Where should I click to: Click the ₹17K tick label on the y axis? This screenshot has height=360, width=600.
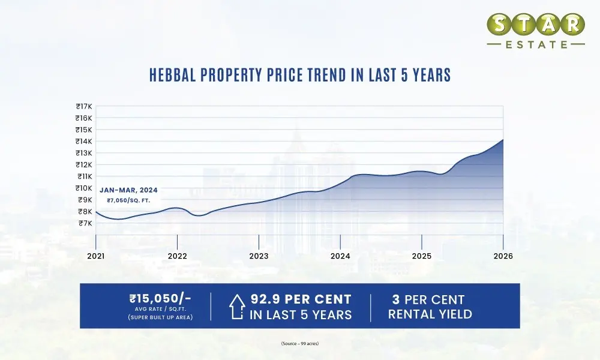point(83,107)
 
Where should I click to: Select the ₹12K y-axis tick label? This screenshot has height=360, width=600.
point(83,165)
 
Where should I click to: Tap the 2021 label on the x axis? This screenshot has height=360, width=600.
point(96,256)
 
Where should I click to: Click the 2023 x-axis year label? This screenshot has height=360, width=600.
point(259,256)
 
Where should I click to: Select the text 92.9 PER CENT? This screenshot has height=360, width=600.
point(301,299)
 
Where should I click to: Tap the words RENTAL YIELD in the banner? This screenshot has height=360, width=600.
point(429,314)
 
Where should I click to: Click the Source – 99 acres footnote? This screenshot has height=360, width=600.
point(299,343)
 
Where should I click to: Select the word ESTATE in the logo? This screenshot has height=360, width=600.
point(535,44)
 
